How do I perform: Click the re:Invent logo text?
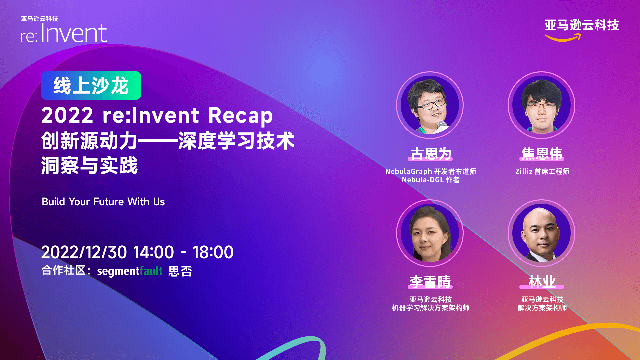point(64,33)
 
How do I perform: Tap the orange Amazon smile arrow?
point(563,38)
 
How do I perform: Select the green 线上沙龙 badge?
point(91,85)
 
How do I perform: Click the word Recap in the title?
point(240,115)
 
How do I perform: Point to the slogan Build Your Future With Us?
point(103,202)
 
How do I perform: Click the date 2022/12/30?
point(84,252)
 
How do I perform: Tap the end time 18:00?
point(213,252)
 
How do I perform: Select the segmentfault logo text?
point(130,271)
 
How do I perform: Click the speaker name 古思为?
point(430,154)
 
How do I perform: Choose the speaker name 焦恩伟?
point(542,154)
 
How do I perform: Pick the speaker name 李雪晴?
point(430,282)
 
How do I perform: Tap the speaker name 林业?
point(542,282)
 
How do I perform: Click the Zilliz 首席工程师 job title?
point(542,171)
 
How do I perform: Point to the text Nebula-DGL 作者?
point(431,180)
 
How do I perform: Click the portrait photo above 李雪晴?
point(430,233)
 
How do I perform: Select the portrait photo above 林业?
point(541,233)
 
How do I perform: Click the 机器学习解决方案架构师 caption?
point(431,308)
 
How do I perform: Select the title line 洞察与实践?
point(89,165)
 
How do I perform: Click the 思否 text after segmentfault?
point(180,271)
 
